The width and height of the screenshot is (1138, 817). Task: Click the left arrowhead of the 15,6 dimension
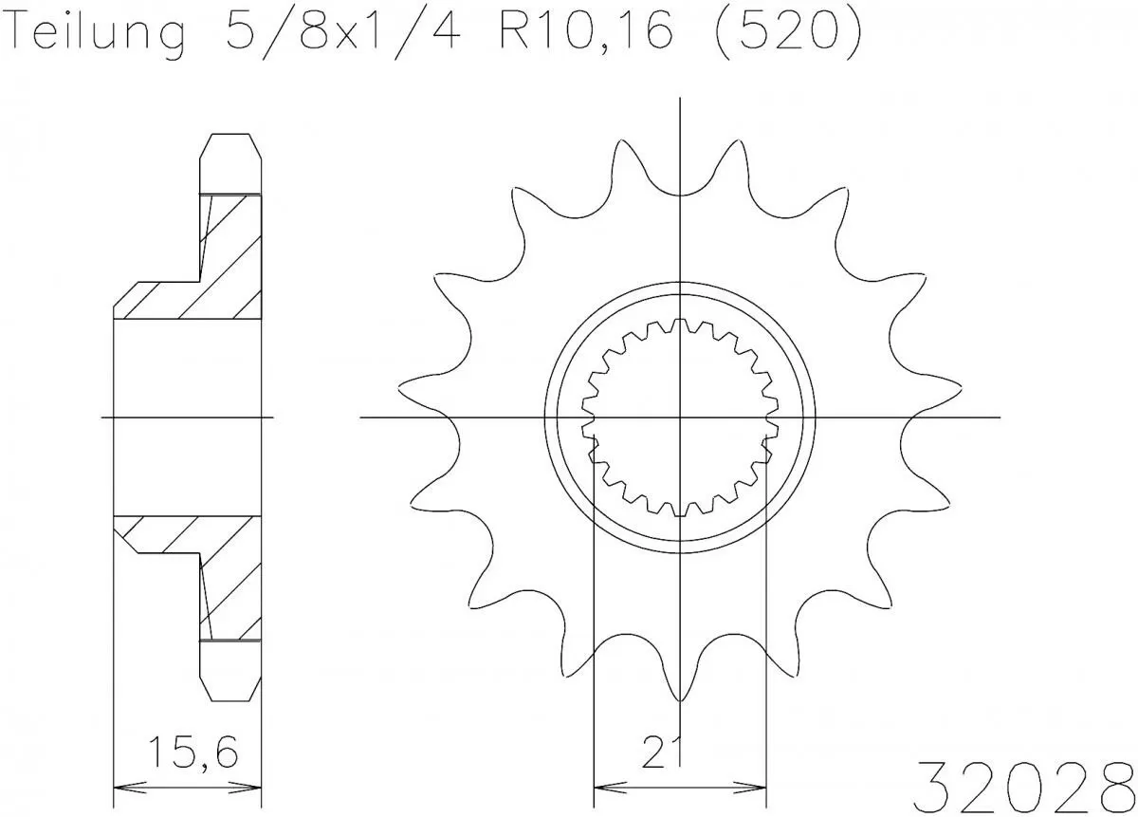[120, 787]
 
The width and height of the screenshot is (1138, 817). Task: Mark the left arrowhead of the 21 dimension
[600, 787]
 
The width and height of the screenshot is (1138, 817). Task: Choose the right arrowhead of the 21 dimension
[760, 787]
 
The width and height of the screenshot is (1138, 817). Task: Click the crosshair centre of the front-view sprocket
[680, 417]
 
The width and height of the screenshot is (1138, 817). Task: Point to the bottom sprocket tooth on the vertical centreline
[680, 688]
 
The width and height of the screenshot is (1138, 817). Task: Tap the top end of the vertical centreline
[680, 100]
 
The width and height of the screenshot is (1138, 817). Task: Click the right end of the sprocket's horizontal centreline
[1000, 417]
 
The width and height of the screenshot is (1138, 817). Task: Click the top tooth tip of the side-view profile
[229, 138]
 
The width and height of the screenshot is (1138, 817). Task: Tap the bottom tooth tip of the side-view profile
[229, 697]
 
